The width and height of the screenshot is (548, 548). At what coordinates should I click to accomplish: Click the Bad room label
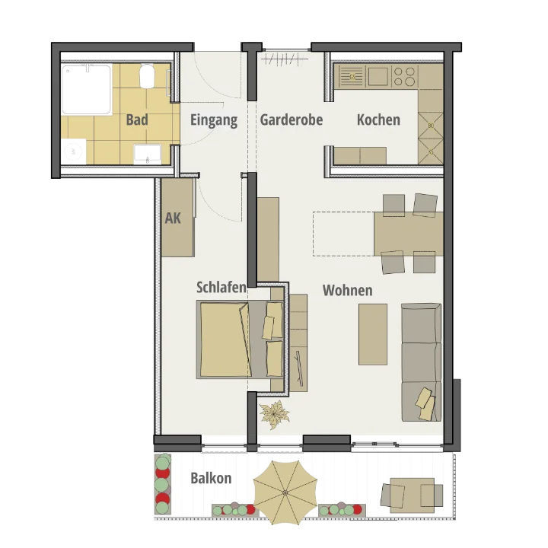(137, 119)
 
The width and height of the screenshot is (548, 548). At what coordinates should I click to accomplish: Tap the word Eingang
(214, 120)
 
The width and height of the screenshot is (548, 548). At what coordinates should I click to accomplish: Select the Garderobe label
(291, 119)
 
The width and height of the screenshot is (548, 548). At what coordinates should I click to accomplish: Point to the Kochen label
(378, 119)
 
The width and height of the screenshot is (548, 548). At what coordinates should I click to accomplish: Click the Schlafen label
(221, 287)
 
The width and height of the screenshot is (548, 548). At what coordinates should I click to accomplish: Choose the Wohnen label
(347, 290)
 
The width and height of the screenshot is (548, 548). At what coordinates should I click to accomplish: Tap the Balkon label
(211, 478)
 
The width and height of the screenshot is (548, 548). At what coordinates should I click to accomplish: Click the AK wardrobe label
(173, 218)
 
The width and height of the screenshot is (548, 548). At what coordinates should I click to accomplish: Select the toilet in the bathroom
(148, 76)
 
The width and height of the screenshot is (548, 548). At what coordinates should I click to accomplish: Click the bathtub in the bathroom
(87, 90)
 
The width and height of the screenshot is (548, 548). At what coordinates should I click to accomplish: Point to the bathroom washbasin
(148, 154)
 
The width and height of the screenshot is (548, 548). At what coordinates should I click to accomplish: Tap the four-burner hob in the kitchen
(404, 77)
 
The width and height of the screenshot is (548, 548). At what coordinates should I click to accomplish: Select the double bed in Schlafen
(240, 339)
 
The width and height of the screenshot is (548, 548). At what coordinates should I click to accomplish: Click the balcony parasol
(285, 492)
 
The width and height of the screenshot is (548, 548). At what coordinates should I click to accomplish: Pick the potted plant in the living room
(274, 415)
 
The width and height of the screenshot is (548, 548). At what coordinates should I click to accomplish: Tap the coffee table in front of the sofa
(373, 334)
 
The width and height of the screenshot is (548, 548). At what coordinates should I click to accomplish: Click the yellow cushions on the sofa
(425, 403)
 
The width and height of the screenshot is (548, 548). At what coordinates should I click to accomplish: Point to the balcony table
(412, 495)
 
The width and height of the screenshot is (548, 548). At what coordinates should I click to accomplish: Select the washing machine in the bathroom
(74, 151)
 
